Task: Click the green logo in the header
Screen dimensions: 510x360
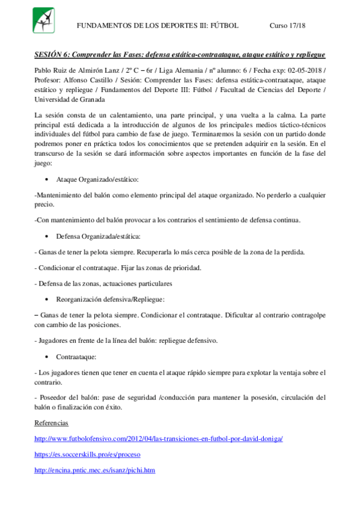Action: coord(43,20)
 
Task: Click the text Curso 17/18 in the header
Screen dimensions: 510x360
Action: coord(288,26)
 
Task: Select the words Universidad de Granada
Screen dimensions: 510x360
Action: coord(67,100)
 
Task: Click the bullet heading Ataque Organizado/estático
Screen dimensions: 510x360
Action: coord(97,179)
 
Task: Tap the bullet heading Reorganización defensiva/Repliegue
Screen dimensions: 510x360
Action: coord(110,298)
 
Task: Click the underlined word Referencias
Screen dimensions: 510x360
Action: coord(52,423)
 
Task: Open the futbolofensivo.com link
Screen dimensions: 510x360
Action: coord(159,438)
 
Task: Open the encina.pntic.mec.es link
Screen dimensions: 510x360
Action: coord(95,470)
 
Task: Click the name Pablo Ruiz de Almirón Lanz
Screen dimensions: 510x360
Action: coord(77,70)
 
